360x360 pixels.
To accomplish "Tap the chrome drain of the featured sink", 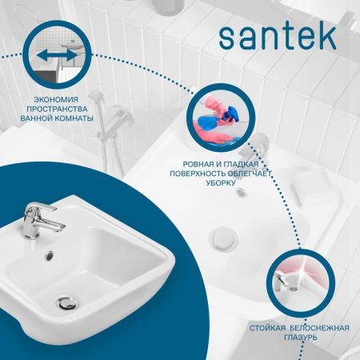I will pos(67,302).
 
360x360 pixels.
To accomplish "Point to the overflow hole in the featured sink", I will pos(50,255).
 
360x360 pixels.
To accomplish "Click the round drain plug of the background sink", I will pos(221,238).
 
